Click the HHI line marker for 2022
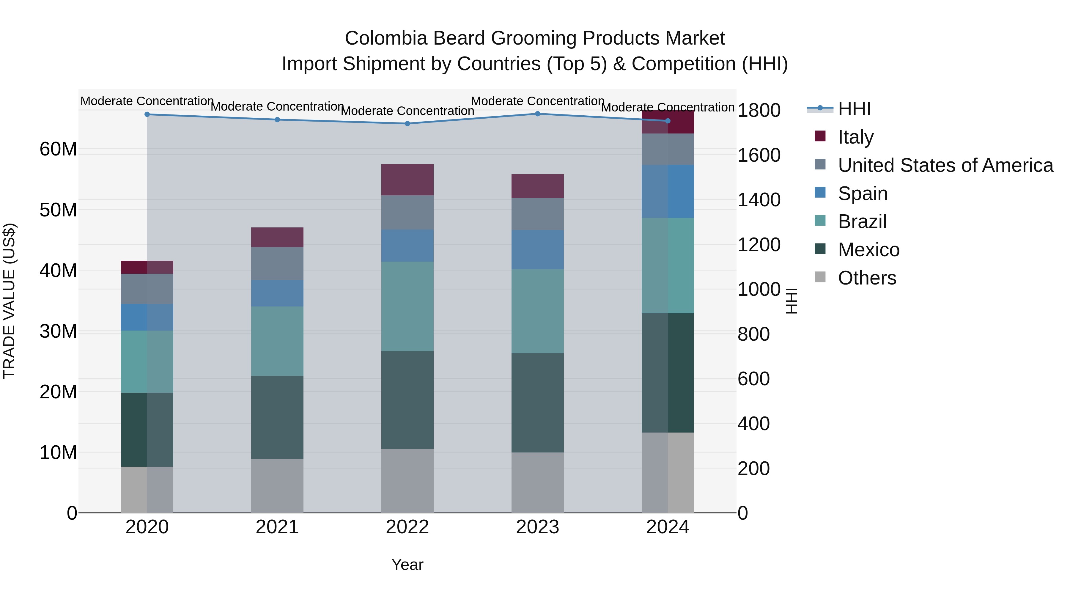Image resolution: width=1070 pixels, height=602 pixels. tap(407, 123)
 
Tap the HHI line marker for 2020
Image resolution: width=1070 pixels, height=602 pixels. tap(147, 114)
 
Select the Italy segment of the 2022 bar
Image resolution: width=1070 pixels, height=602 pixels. tap(407, 180)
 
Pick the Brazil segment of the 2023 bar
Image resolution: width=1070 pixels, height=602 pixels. tap(537, 311)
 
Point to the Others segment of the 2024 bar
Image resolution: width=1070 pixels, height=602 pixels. tap(668, 472)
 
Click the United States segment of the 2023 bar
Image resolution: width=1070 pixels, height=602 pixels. tap(537, 214)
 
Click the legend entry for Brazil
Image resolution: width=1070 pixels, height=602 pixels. tap(862, 221)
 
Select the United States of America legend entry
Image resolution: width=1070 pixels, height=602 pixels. tap(945, 165)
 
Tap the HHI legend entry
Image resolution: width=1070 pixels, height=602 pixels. tap(854, 109)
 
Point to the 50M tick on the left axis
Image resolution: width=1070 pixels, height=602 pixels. tap(58, 210)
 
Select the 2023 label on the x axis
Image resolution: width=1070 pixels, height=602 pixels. tap(537, 527)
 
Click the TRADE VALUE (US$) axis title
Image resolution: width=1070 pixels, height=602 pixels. tap(9, 301)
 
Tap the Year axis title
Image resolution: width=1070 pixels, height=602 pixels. tap(407, 565)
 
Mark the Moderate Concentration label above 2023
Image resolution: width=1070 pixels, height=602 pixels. tap(537, 101)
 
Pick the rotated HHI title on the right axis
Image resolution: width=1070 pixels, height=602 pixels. tap(792, 301)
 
